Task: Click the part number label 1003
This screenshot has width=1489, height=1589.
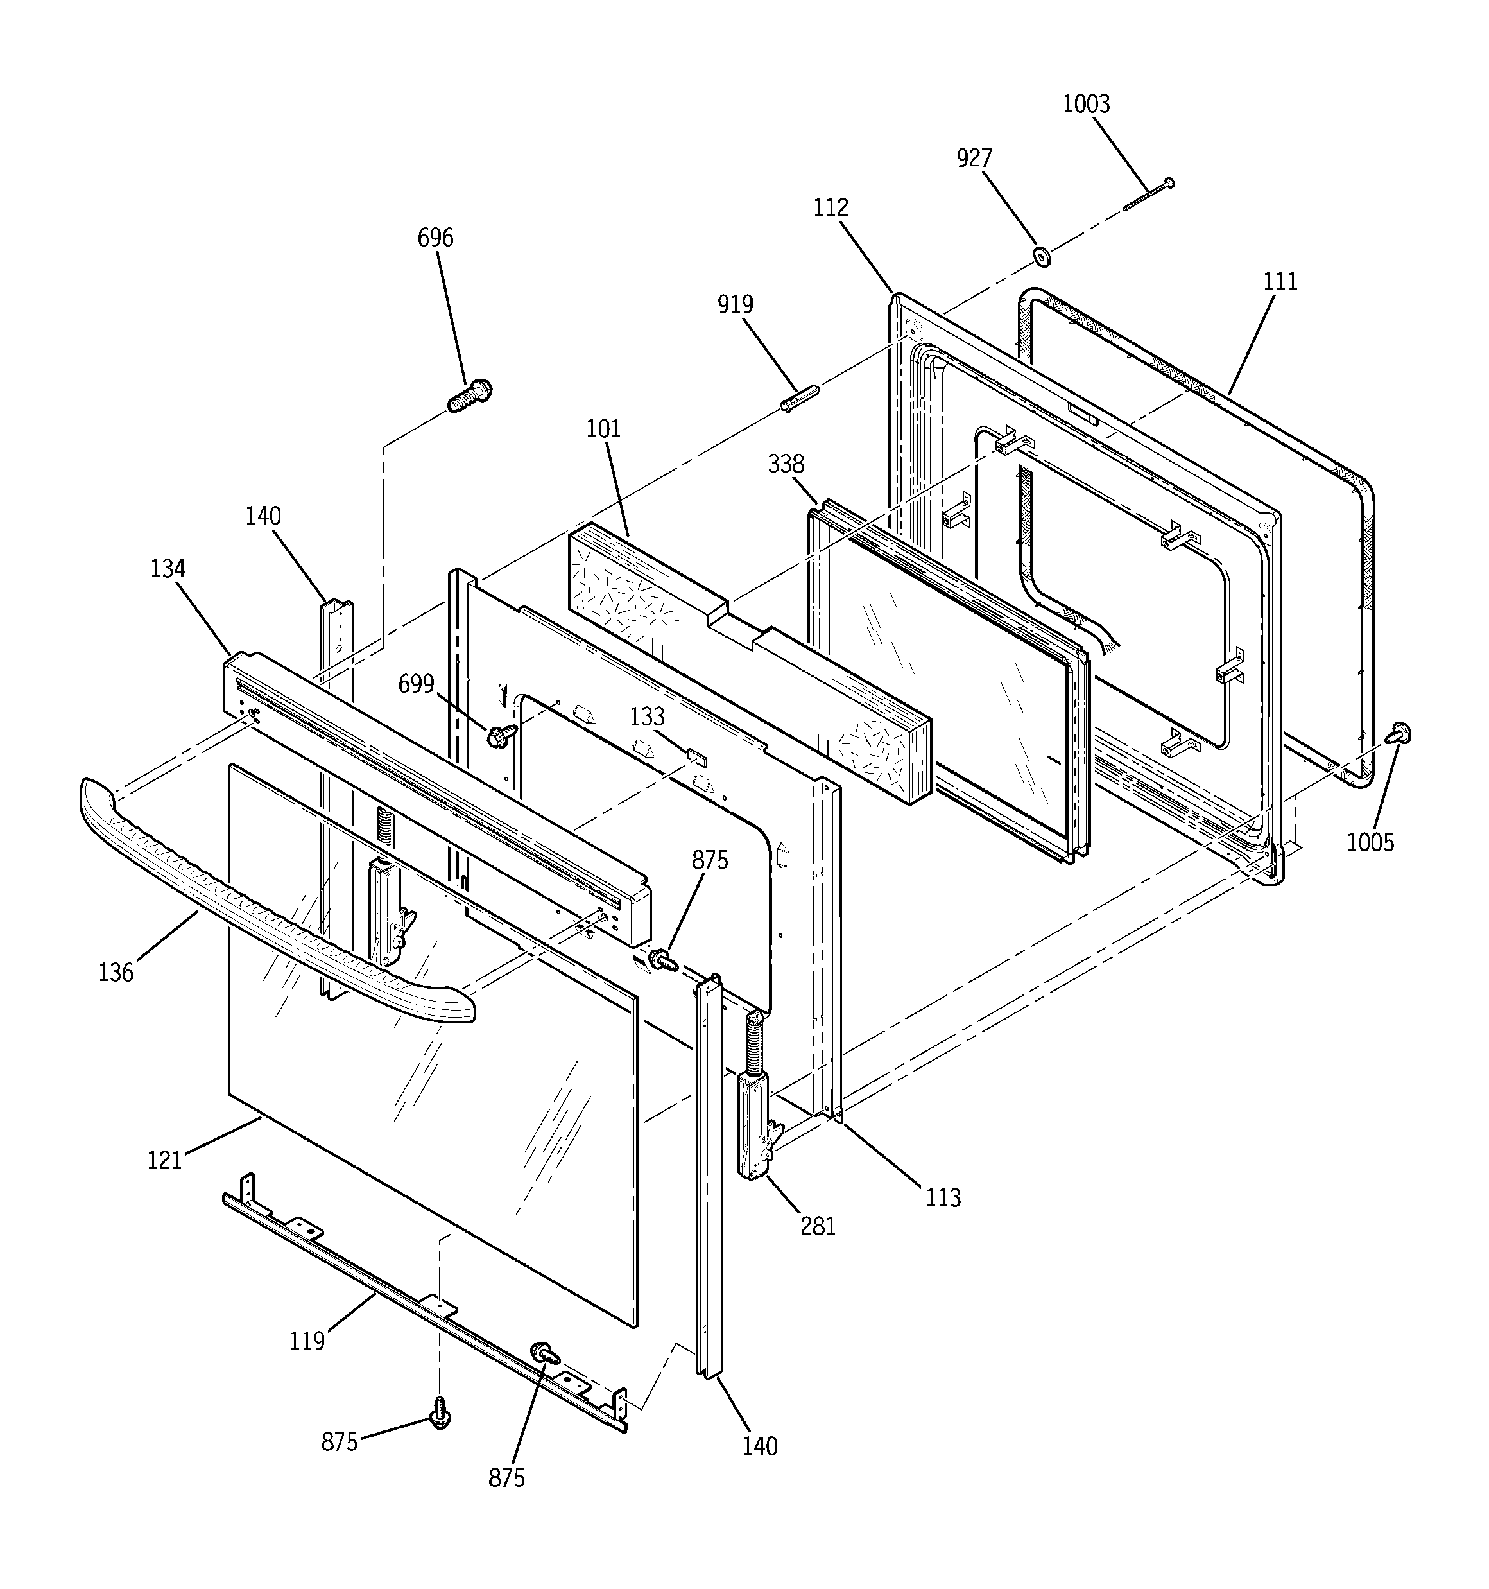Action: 1085,105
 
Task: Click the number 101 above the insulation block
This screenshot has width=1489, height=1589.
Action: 603,430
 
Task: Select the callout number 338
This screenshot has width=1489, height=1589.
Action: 786,464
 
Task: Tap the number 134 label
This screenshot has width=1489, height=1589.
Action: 168,569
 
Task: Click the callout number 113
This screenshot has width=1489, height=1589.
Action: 943,1197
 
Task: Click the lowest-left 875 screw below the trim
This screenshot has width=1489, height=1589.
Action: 440,1413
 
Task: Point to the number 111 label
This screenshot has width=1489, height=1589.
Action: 1280,282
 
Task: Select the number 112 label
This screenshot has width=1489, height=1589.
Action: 831,209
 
